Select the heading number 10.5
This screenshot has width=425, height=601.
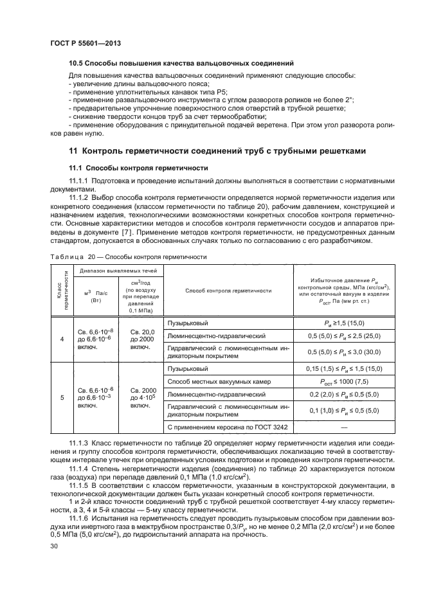point(77,64)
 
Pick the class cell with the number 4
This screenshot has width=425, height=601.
point(62,337)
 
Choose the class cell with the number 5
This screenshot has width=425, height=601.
point(62,397)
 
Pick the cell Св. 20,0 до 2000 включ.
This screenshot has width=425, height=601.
point(141,337)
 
